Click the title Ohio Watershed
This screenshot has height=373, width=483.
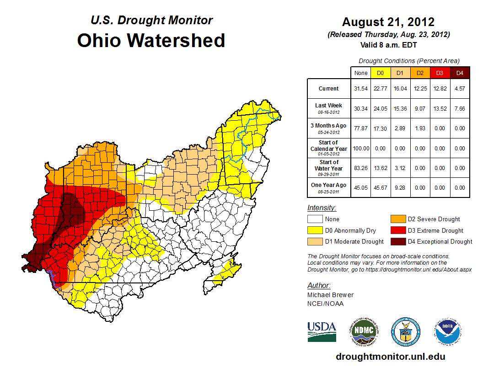[x=151, y=40]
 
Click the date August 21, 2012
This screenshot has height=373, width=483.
[x=388, y=22]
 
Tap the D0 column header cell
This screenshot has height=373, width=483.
[x=380, y=73]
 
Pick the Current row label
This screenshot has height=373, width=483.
[x=329, y=89]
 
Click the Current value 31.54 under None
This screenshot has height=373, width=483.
[x=360, y=89]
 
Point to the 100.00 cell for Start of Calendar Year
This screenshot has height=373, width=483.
[x=360, y=149]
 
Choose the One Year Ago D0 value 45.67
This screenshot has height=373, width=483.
[x=380, y=187]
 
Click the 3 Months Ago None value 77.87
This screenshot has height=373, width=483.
[x=360, y=128]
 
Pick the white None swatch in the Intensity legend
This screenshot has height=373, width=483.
[x=315, y=219]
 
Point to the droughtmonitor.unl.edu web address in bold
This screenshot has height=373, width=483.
[x=390, y=357]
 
